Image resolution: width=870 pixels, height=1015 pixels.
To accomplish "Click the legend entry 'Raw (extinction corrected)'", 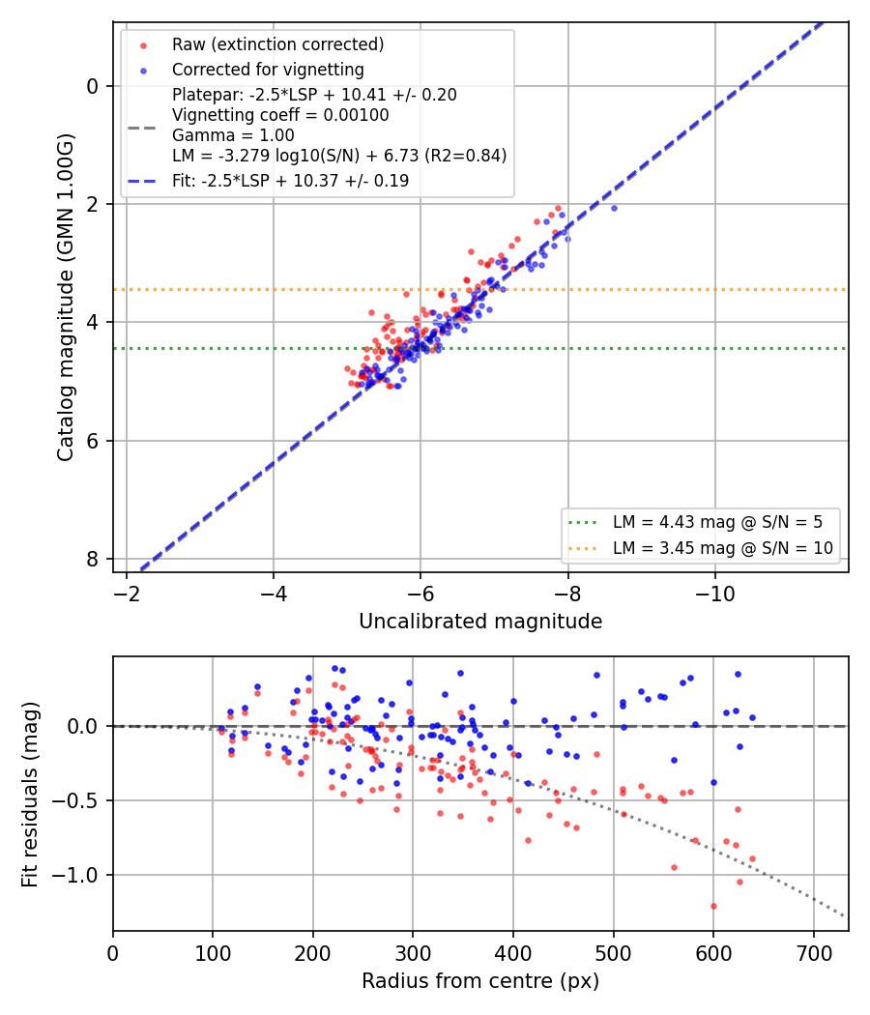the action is coord(277,44).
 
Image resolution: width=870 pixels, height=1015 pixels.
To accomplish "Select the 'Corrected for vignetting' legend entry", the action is coord(268,70).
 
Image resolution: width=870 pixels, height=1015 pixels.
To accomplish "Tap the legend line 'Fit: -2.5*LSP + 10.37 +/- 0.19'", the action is coord(291,181).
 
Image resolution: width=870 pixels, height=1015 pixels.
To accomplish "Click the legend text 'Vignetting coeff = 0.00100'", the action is coord(280,115).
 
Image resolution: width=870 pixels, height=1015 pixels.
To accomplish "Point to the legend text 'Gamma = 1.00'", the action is coord(233,135).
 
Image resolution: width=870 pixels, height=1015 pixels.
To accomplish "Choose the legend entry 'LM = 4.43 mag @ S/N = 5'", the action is coord(717,522).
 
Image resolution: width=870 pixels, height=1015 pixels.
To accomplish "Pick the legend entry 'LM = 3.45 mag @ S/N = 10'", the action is coord(722,548).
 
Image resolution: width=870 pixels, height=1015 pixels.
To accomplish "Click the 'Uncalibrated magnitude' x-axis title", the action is coord(480,622).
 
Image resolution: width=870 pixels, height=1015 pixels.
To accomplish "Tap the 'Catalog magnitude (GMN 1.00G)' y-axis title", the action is coord(66,298).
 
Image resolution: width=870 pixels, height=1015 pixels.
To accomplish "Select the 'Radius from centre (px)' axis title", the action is coord(480,981).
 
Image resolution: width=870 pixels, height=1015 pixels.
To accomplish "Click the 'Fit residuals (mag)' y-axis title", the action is coord(30,795).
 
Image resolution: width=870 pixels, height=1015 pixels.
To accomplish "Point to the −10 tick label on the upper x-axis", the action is coord(714,593).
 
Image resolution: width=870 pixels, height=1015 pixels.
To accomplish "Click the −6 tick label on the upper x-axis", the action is coord(420,593).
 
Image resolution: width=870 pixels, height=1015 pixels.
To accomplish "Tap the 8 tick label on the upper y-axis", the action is coord(93,559).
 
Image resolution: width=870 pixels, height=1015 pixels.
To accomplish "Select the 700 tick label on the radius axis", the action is coord(813,953).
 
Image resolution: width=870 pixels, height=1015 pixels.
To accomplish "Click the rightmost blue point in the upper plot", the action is coord(614,209).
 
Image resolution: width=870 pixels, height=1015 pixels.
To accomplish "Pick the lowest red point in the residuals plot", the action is coord(713,907).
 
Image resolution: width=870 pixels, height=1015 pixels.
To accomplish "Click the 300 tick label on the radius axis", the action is coord(413,953).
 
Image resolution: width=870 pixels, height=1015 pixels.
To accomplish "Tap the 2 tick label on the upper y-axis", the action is coord(93,204).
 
